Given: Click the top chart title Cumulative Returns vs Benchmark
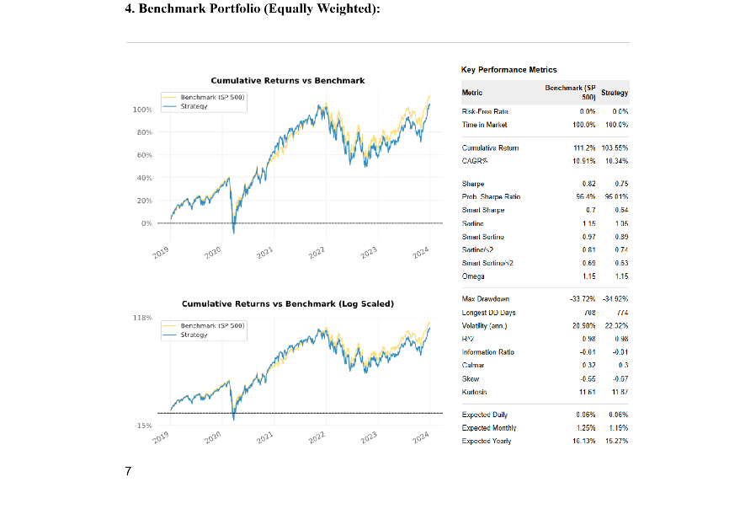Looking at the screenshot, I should tap(287, 81).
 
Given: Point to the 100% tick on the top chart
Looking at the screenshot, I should tap(141, 110).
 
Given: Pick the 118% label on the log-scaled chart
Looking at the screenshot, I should tap(142, 317).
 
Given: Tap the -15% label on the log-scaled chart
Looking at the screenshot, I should tap(142, 426).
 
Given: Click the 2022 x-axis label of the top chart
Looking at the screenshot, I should tap(317, 254).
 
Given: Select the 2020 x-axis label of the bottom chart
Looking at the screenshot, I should tap(212, 437).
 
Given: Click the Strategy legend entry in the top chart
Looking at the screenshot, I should tap(194, 107).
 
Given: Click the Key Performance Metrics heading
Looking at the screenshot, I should tap(508, 69).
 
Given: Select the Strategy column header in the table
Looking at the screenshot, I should tap(615, 93).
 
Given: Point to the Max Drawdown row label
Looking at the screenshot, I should tap(486, 299).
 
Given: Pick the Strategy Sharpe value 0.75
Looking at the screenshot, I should tap(621, 184).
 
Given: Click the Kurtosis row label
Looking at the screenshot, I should tap(476, 392).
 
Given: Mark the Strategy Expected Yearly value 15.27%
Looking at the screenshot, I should tap(616, 441).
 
